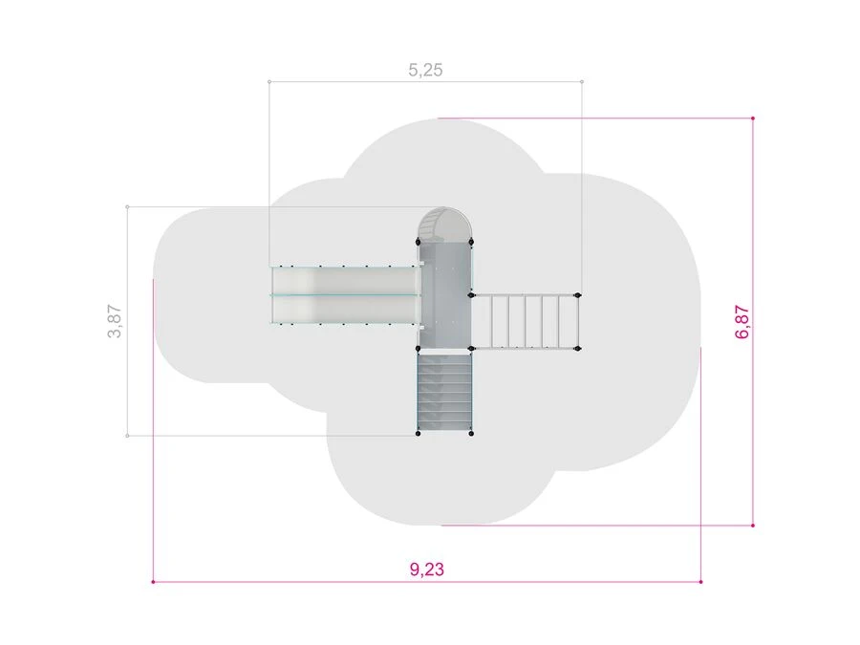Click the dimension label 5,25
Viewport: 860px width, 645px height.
[425, 70]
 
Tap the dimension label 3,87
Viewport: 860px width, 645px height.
[114, 321]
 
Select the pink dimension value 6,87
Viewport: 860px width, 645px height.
[742, 321]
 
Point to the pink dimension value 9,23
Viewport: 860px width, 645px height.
[427, 569]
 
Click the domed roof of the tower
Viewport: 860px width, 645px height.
[444, 225]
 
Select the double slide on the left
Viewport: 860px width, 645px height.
[346, 295]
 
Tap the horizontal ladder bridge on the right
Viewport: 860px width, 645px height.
[525, 321]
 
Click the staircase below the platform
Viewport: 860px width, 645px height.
[444, 392]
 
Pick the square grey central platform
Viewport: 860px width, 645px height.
[444, 296]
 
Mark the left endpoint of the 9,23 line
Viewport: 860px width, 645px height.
[153, 581]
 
